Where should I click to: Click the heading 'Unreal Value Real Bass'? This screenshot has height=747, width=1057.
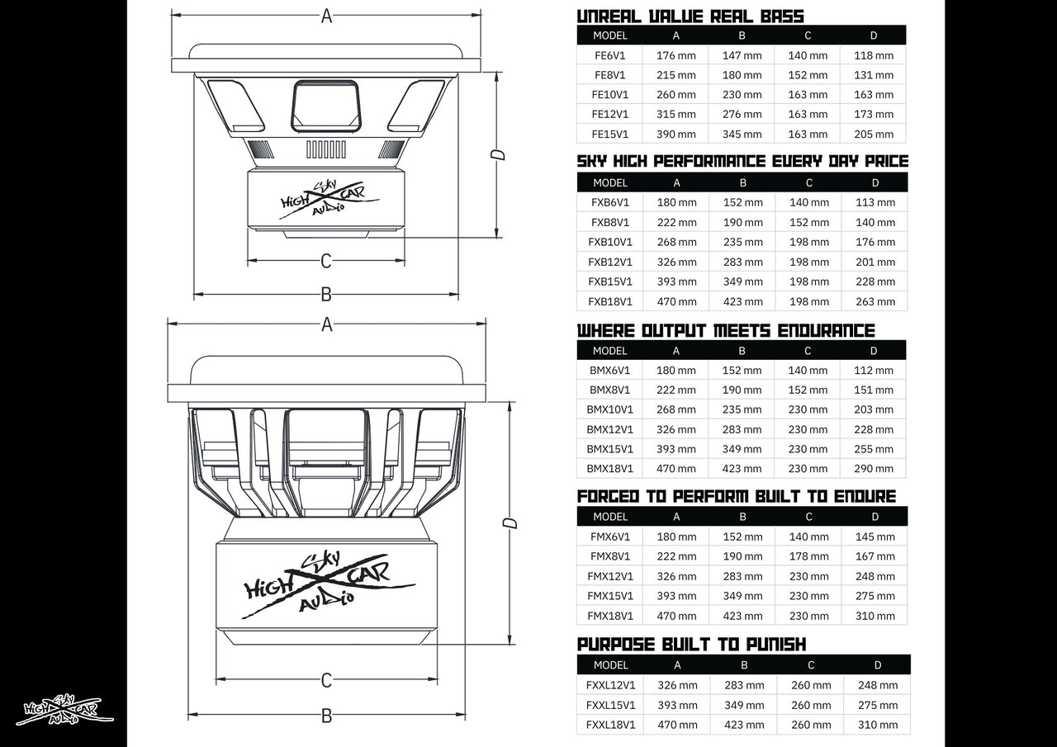click(690, 16)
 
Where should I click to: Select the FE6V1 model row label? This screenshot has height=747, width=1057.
click(610, 55)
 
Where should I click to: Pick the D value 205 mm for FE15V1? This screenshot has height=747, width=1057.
click(874, 135)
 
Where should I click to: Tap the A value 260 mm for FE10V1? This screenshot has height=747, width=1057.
click(676, 95)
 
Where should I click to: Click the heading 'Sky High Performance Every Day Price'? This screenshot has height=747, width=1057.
click(742, 161)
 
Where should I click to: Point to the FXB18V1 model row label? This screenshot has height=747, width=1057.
click(610, 302)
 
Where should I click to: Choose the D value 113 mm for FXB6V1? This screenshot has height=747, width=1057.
click(875, 203)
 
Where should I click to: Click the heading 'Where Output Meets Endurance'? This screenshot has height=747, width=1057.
click(726, 330)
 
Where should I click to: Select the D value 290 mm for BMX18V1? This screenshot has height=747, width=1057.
click(874, 469)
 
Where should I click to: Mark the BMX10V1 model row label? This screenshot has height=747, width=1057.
click(610, 409)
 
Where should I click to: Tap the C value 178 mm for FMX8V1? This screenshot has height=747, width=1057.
click(808, 557)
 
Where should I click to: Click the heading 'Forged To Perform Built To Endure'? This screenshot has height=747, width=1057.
click(737, 496)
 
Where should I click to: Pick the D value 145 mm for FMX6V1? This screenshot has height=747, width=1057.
click(875, 537)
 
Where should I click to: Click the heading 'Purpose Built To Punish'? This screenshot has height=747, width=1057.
click(691, 644)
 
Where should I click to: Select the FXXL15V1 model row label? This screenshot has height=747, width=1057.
click(610, 706)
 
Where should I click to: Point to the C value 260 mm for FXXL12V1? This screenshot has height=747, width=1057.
click(811, 685)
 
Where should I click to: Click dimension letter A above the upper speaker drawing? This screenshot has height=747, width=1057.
click(326, 16)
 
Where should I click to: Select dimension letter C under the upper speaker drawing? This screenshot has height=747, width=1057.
click(325, 261)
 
